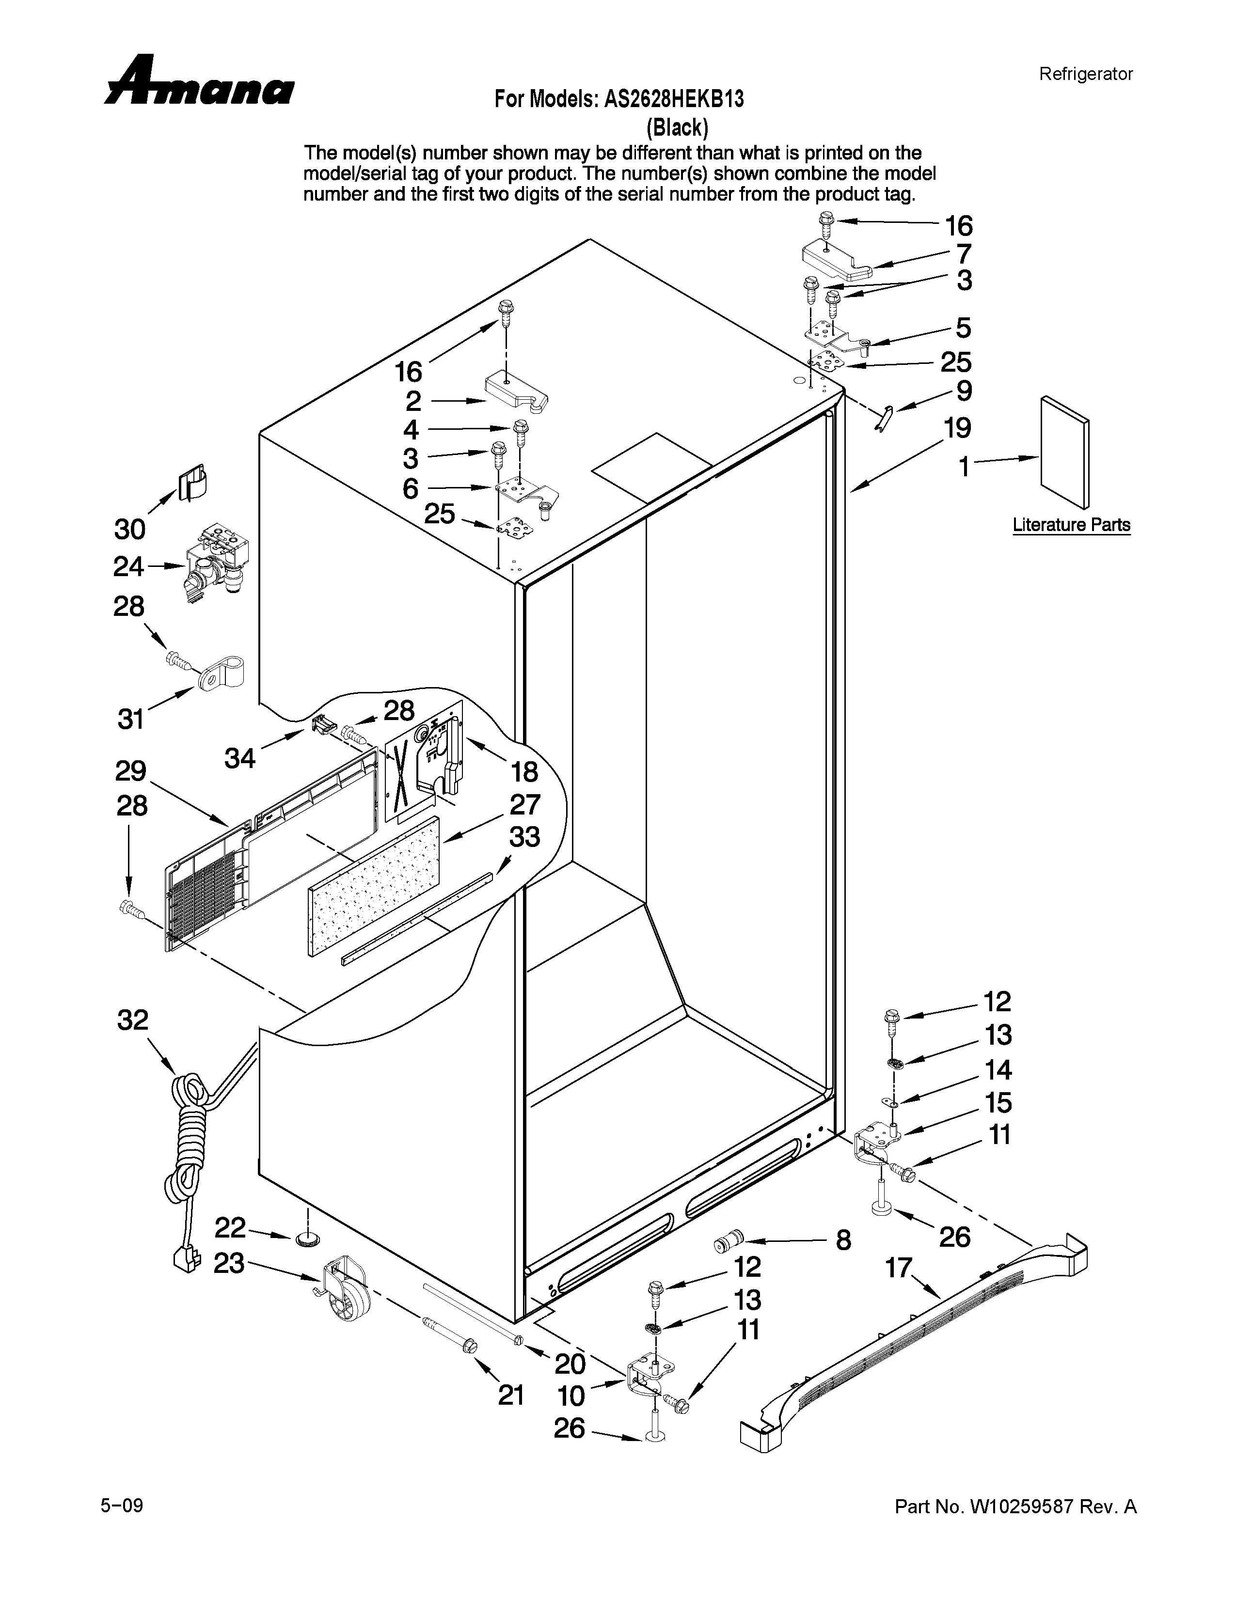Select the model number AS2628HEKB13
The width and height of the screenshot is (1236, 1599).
click(674, 99)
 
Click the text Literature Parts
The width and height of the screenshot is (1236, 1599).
click(1071, 525)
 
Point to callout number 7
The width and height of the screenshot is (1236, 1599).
click(964, 254)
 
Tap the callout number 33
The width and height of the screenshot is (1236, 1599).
click(524, 836)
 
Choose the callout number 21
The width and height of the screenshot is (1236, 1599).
click(511, 1395)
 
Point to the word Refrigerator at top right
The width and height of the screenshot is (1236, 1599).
click(1085, 74)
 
